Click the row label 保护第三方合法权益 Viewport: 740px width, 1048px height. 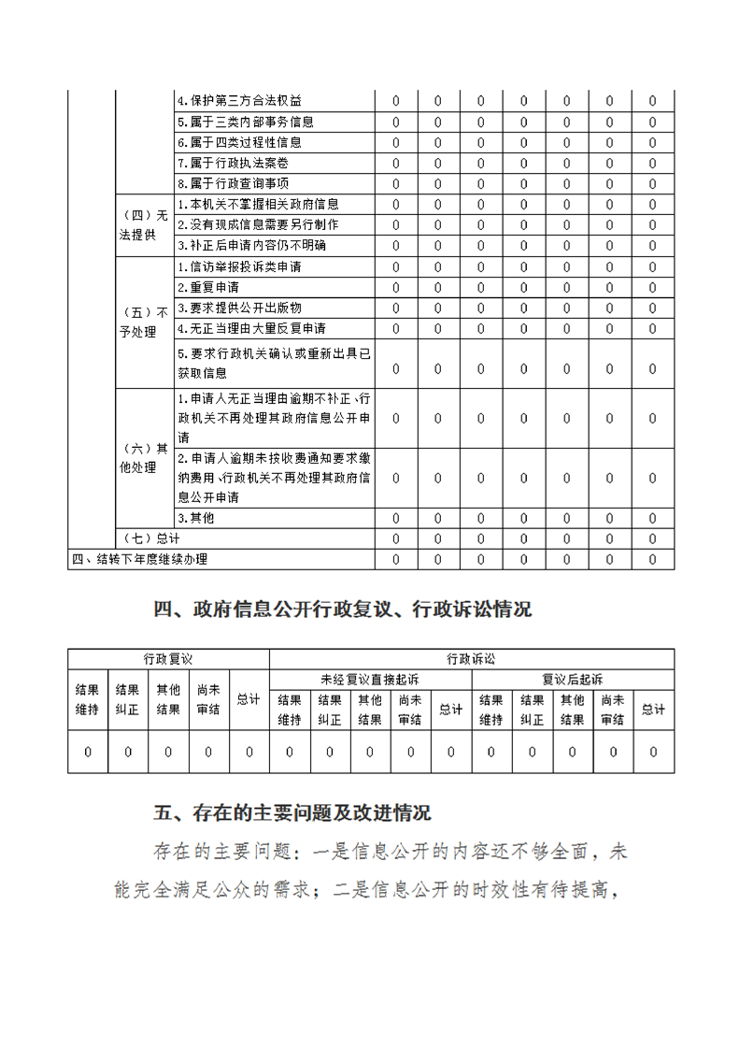coord(239,101)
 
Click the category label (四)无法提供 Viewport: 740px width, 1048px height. coord(143,225)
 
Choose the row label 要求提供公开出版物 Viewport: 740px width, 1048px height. coord(239,308)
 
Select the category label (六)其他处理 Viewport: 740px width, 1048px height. coord(143,458)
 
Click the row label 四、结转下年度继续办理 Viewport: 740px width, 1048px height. coord(139,559)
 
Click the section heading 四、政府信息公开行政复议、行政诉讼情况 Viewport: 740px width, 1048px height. coord(342,610)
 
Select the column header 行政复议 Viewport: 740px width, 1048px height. coord(168,659)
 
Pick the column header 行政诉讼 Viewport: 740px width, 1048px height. coord(471,659)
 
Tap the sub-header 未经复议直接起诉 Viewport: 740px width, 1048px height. coord(369,680)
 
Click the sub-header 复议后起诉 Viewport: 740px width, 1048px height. coord(572,680)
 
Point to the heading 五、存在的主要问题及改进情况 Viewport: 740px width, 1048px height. coord(292,813)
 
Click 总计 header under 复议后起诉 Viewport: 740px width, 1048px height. coord(653,710)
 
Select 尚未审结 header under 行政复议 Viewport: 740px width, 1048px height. coord(208,699)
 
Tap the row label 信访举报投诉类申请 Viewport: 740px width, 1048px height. coord(239,266)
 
